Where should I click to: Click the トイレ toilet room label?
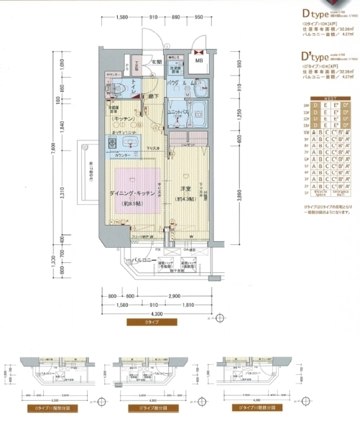pos(134,86)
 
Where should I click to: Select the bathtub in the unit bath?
pos(198,110)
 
